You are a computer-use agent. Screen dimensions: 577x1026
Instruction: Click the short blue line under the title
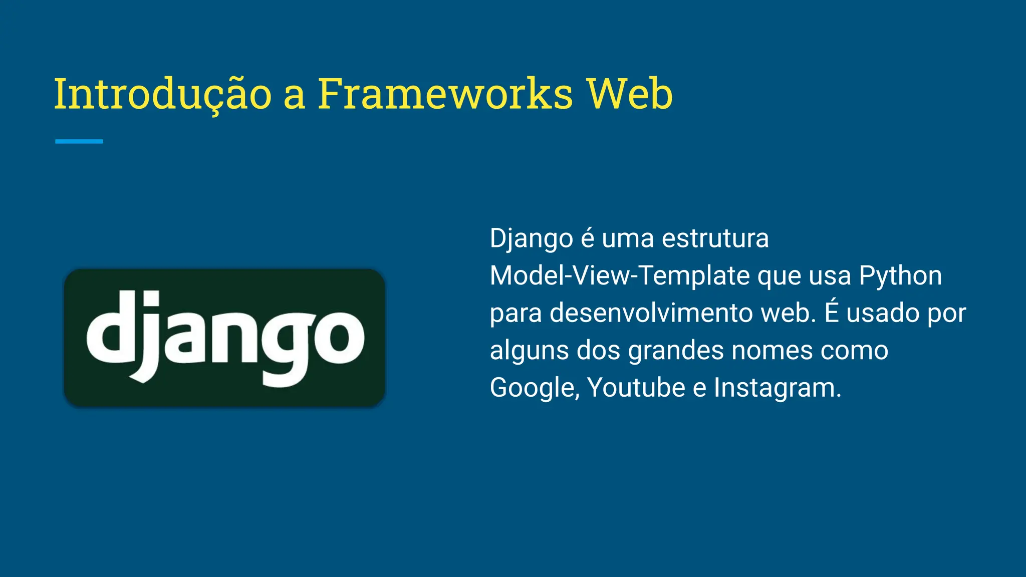coord(79,142)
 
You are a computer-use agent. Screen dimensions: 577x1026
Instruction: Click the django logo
coord(224,338)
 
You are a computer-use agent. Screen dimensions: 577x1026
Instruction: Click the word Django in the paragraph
coord(531,238)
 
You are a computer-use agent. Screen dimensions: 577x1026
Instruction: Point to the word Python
coord(900,275)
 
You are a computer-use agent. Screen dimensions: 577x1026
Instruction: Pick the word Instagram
coord(777,388)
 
